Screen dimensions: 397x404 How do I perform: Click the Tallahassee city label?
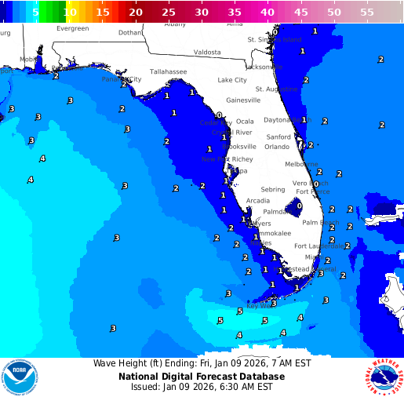pyautogui.click(x=169, y=71)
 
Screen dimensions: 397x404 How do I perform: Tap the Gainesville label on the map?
pyautogui.click(x=243, y=100)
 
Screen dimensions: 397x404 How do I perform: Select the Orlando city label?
pyautogui.click(x=277, y=147)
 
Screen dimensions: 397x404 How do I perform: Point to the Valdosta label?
pyautogui.click(x=208, y=53)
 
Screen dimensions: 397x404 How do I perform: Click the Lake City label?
pyautogui.click(x=232, y=80)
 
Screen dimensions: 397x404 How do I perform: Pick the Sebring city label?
pyautogui.click(x=273, y=190)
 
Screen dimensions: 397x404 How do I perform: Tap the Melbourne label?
pyautogui.click(x=302, y=164)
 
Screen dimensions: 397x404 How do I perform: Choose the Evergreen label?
pyautogui.click(x=73, y=28)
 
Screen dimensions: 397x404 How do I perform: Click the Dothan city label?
pyautogui.click(x=130, y=33)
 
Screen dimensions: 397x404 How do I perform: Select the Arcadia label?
pyautogui.click(x=258, y=201)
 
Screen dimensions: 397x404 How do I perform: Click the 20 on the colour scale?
pyautogui.click(x=136, y=13)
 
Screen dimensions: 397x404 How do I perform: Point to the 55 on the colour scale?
pyautogui.click(x=367, y=13)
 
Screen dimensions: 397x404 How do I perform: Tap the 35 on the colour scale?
pyautogui.click(x=235, y=13)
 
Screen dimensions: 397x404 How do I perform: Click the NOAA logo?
pyautogui.click(x=18, y=377)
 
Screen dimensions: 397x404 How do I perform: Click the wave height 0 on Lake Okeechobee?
pyautogui.click(x=299, y=206)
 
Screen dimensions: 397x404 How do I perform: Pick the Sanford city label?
pyautogui.click(x=278, y=137)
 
